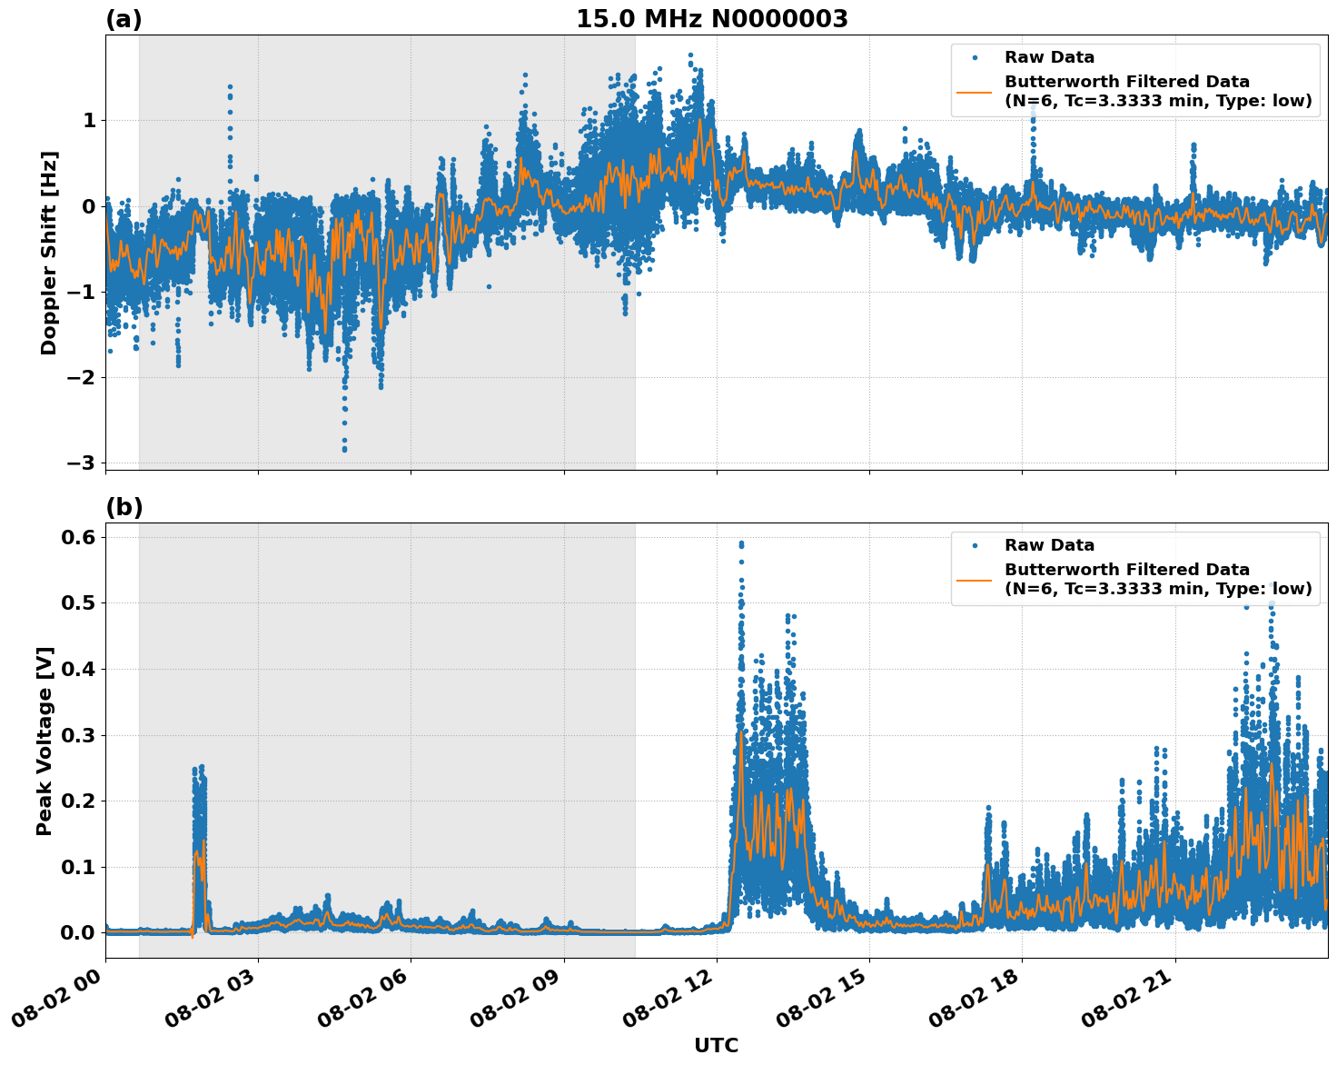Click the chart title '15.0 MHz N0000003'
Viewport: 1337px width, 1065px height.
(711, 19)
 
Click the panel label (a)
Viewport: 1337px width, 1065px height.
(124, 19)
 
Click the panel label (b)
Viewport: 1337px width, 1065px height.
(124, 507)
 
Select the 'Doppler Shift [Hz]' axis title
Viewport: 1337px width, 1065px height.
(49, 253)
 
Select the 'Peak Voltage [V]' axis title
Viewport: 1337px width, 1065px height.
(45, 741)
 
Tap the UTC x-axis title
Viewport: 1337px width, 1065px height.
(716, 1045)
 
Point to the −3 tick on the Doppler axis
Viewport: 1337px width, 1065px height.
(82, 463)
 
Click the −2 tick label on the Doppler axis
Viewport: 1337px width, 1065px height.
(82, 377)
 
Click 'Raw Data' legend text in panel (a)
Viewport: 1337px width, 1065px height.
(1049, 58)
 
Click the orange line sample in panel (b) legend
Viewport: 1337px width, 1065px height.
(975, 579)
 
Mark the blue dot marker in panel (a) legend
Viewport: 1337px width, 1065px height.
(975, 58)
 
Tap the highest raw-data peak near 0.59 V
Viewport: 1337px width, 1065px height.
(741, 543)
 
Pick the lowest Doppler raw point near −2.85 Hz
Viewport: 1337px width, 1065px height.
(344, 449)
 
